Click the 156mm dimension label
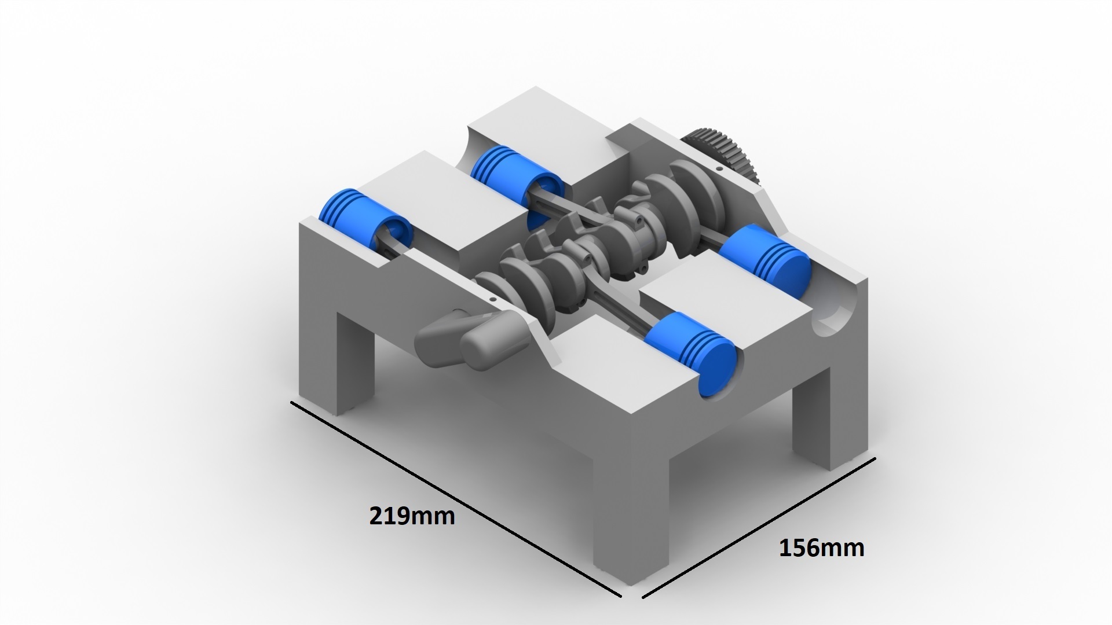click(x=821, y=547)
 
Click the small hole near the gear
click(x=719, y=168)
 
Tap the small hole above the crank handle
click(x=492, y=300)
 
